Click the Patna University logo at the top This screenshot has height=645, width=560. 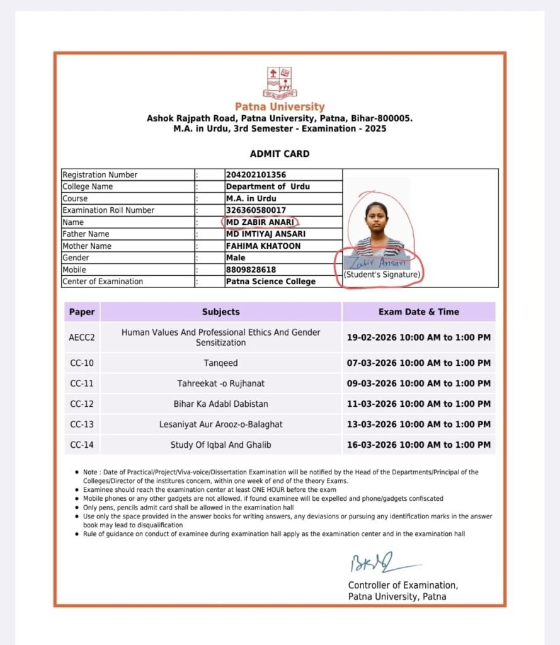[280, 83]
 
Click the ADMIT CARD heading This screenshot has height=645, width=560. [280, 154]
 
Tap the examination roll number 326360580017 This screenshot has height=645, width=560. [255, 210]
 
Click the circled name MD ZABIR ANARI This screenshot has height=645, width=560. [260, 222]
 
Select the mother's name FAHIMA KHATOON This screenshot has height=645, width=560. [263, 246]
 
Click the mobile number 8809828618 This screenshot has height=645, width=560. [251, 270]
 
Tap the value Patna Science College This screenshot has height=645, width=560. [270, 282]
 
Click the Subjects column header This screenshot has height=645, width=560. [220, 312]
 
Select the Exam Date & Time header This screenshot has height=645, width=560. [418, 312]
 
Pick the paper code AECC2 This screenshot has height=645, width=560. [82, 338]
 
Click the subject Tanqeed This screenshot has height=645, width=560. [220, 363]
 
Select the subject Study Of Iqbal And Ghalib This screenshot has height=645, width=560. [220, 445]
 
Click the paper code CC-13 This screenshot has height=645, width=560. [82, 425]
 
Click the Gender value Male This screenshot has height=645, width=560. [236, 258]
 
